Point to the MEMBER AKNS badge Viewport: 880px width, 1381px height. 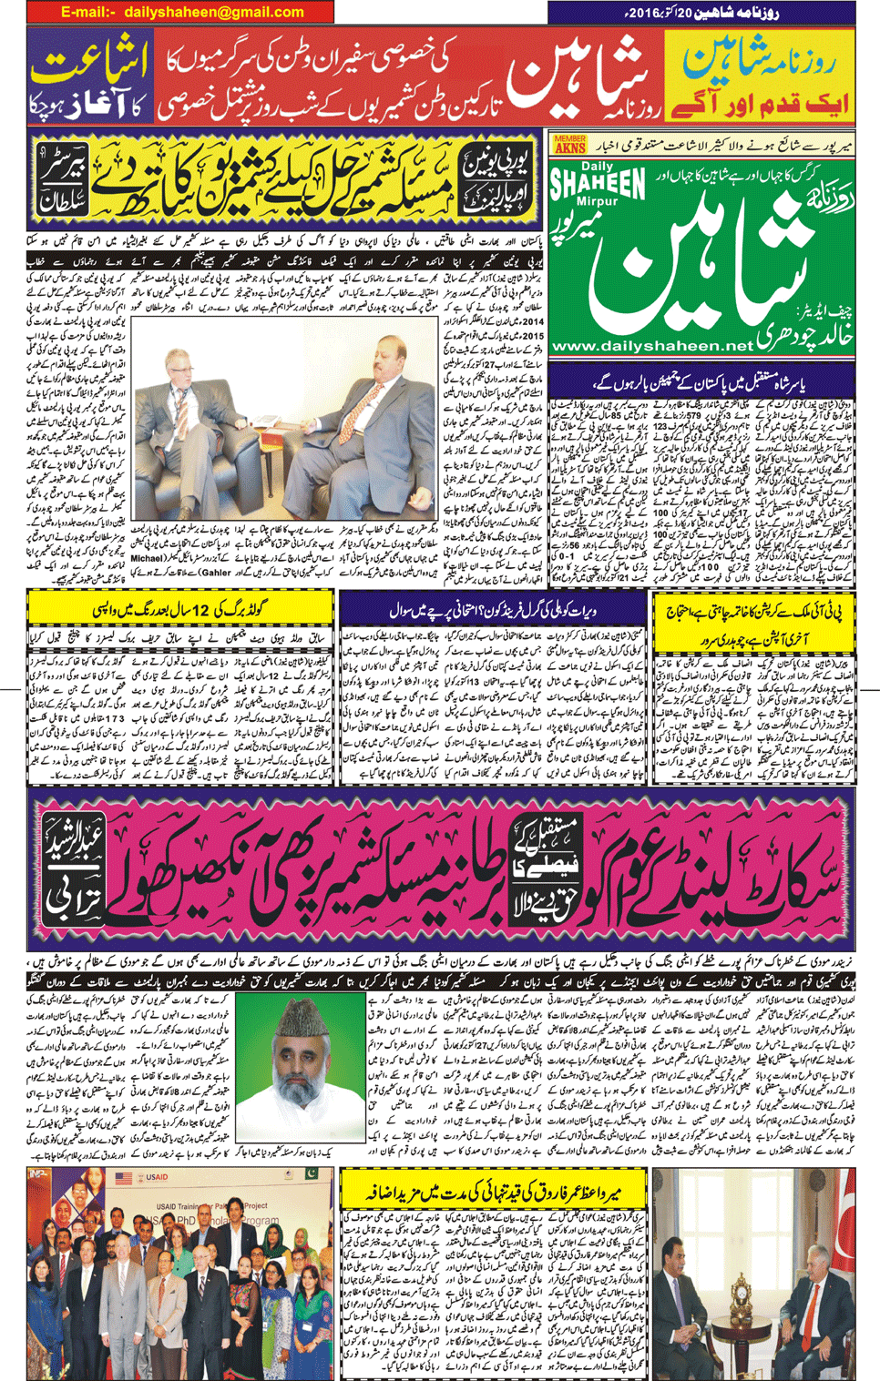(569, 144)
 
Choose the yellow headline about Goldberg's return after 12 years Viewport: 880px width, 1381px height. (178, 608)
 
